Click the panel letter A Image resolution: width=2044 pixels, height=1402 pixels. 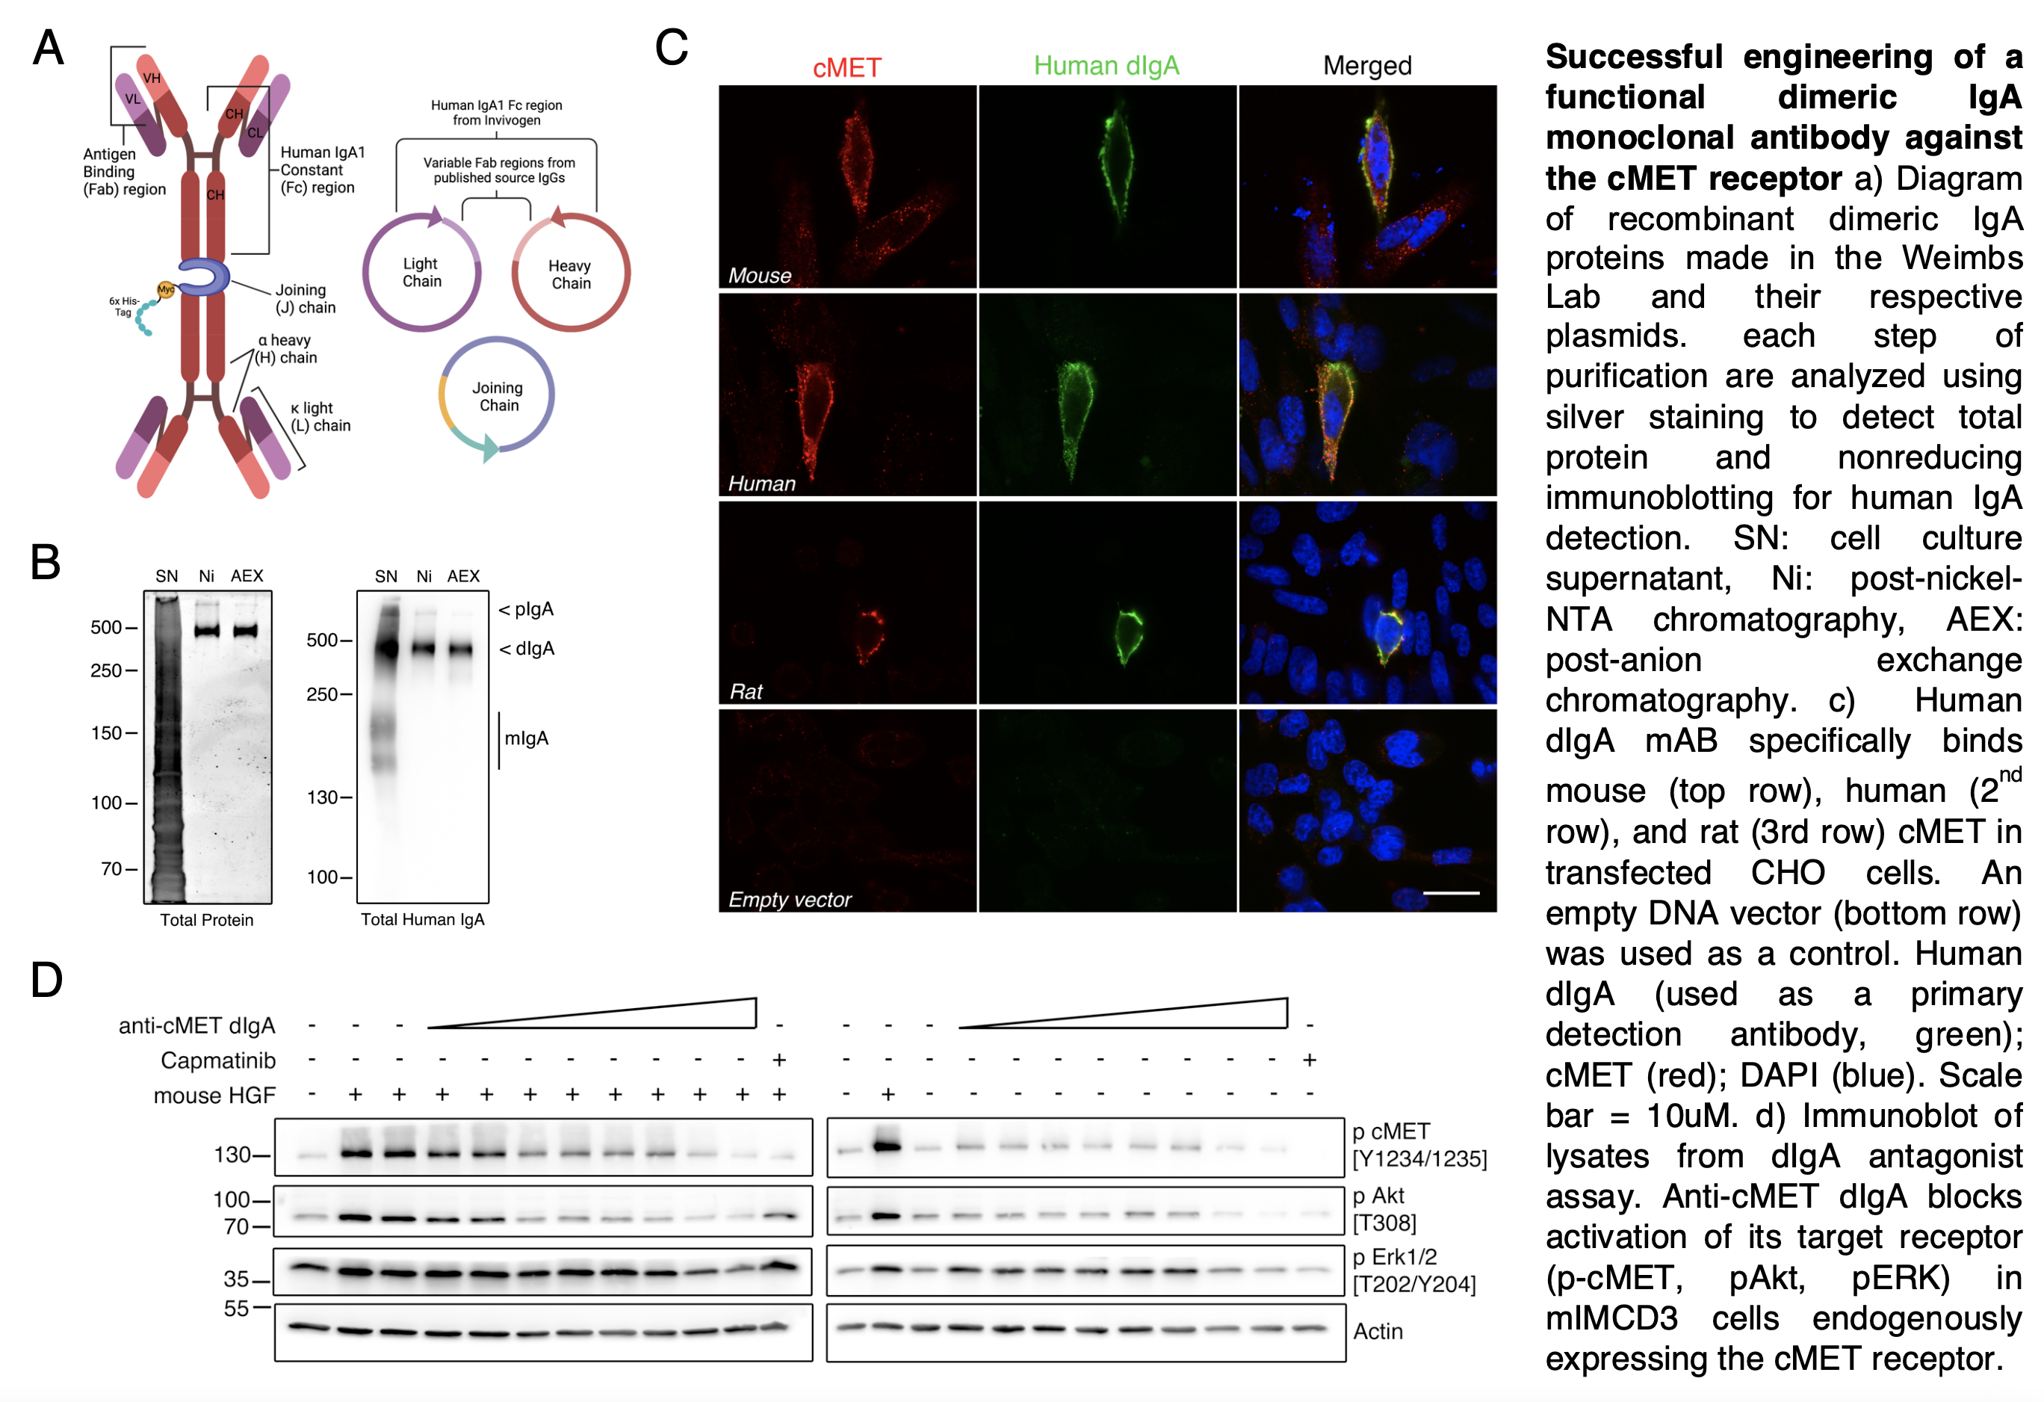[49, 48]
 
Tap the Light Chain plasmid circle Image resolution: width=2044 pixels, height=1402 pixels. [364, 273]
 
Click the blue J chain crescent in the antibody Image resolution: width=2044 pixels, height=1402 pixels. [204, 277]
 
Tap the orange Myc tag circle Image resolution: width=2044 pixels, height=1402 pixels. [165, 289]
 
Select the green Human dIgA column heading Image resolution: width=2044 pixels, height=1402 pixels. [1106, 66]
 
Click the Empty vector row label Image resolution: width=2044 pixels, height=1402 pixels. [789, 900]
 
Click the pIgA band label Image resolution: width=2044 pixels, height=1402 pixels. [526, 608]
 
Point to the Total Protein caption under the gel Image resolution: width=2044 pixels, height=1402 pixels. [207, 920]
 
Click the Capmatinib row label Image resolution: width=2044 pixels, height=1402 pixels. [218, 1060]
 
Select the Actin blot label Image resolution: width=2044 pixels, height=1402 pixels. [1378, 1332]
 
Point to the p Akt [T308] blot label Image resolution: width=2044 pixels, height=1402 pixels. [1384, 1209]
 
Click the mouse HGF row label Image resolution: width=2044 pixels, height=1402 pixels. [214, 1096]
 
